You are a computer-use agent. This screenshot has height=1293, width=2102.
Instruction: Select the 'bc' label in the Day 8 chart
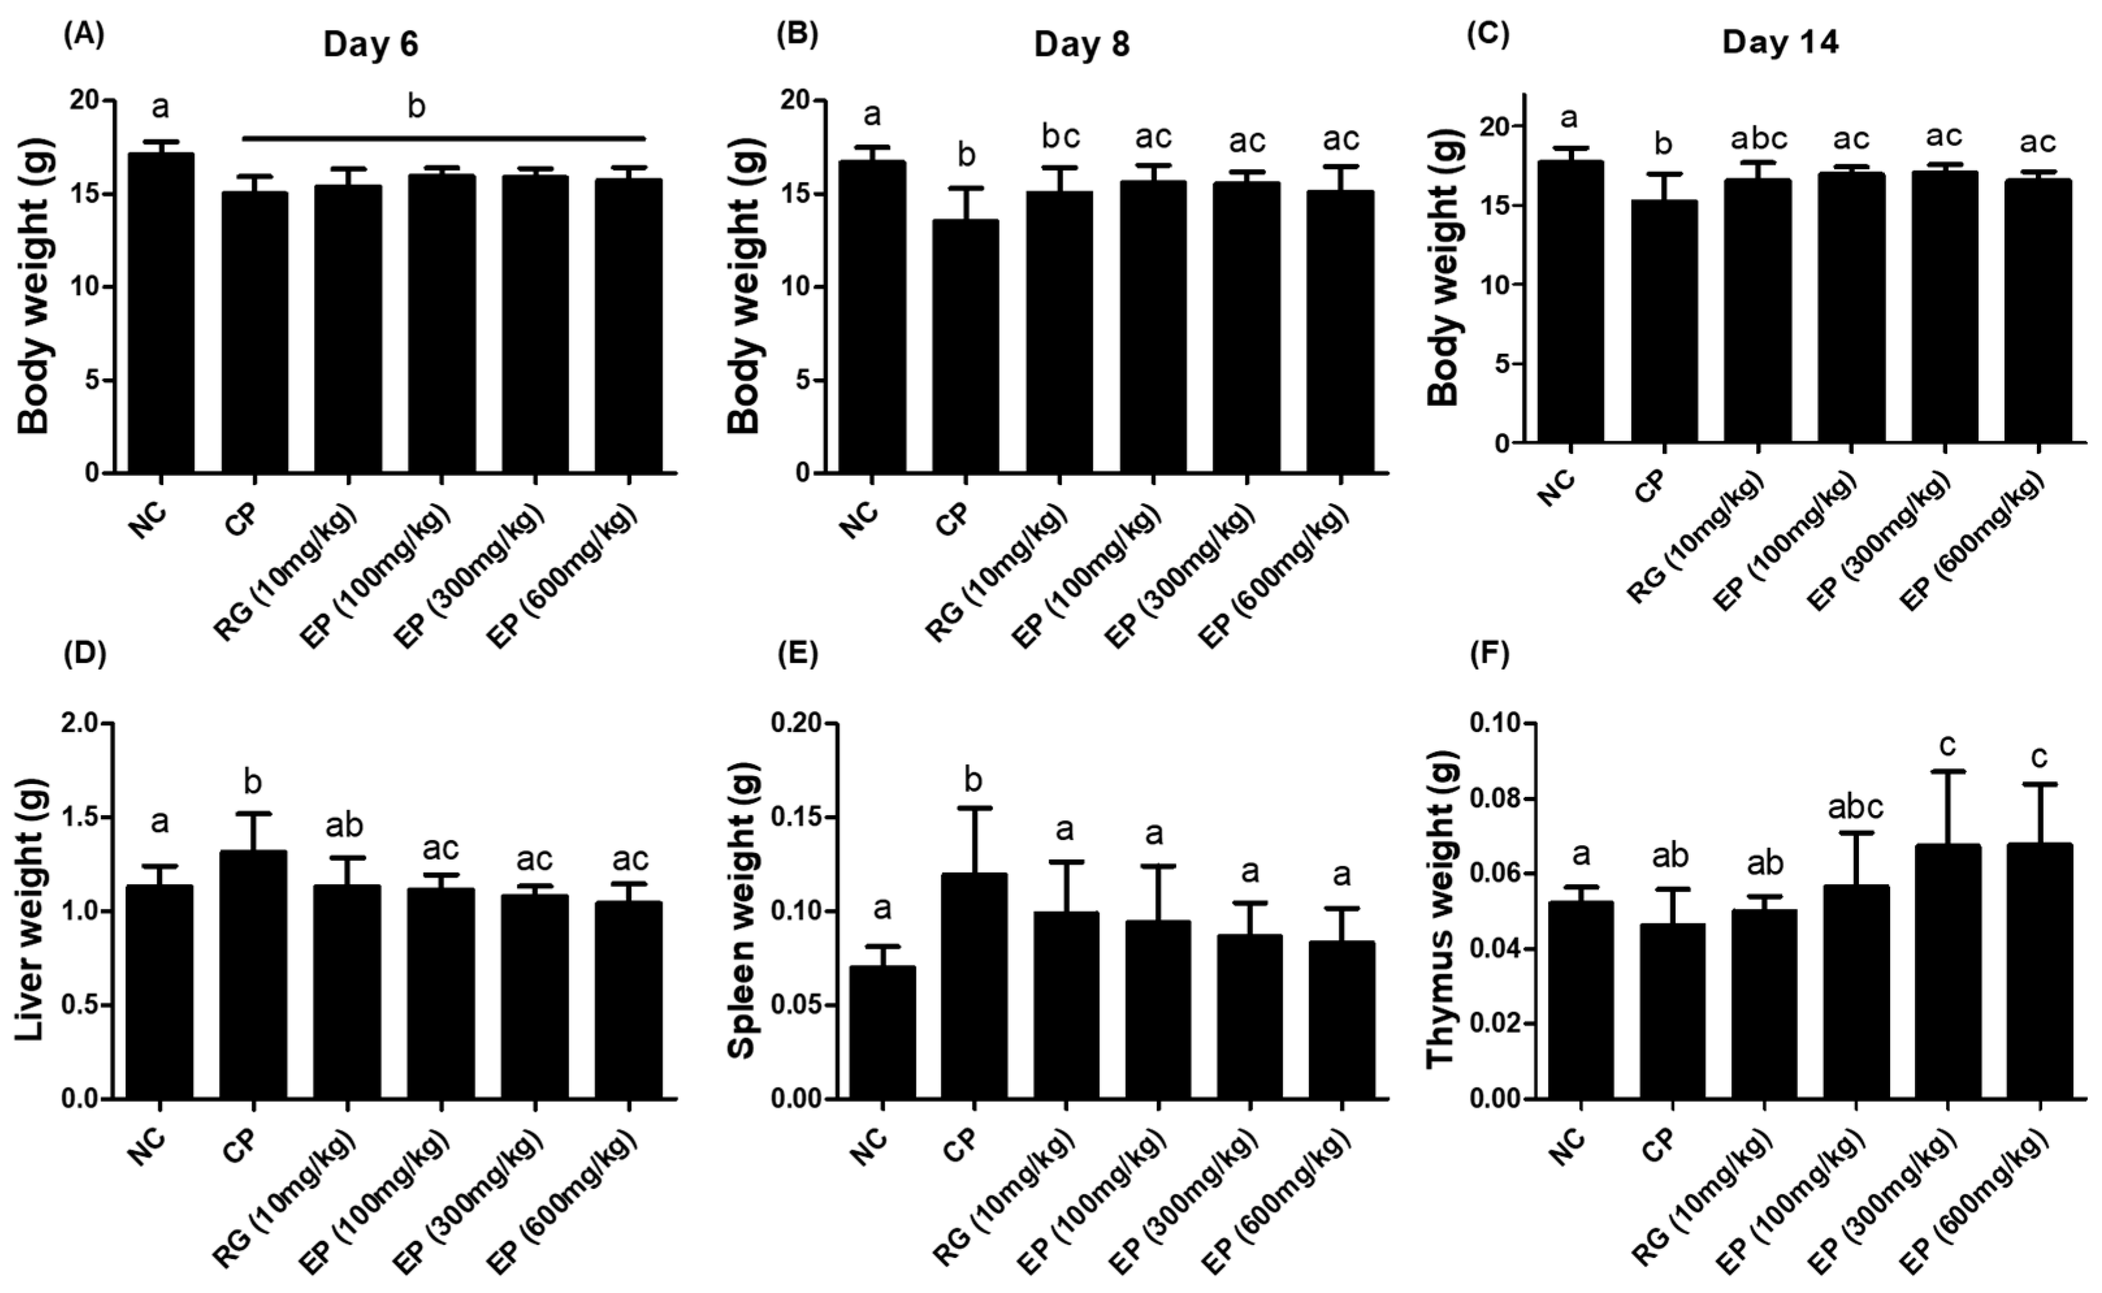tap(1060, 137)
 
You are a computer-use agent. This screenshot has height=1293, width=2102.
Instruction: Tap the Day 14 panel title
tap(1780, 43)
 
